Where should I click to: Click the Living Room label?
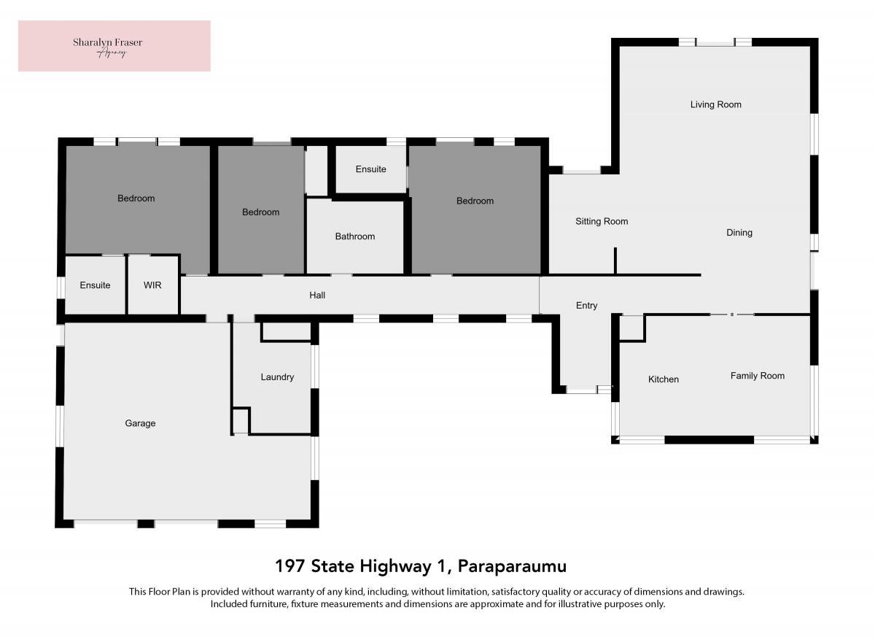tap(715, 105)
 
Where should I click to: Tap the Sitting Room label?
tap(602, 222)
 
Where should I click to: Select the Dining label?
tap(739, 233)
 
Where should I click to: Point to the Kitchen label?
tap(664, 379)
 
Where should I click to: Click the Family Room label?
tap(758, 376)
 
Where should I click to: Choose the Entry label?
tap(586, 306)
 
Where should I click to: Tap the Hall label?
tap(317, 296)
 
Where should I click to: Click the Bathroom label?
tap(354, 236)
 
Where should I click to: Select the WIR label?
tap(152, 285)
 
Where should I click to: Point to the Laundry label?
tap(277, 377)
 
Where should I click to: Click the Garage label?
tap(140, 423)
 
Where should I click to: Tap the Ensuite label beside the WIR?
tap(95, 285)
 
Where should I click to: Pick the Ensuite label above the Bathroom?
tap(370, 169)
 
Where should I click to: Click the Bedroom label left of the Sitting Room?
tap(475, 201)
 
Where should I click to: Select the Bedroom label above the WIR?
tap(136, 198)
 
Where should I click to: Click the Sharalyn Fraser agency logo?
tap(114, 46)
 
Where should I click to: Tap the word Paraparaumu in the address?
tap(512, 566)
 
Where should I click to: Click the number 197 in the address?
tap(290, 566)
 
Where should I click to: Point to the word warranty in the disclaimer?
tap(307, 592)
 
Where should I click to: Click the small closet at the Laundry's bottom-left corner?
tap(241, 421)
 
